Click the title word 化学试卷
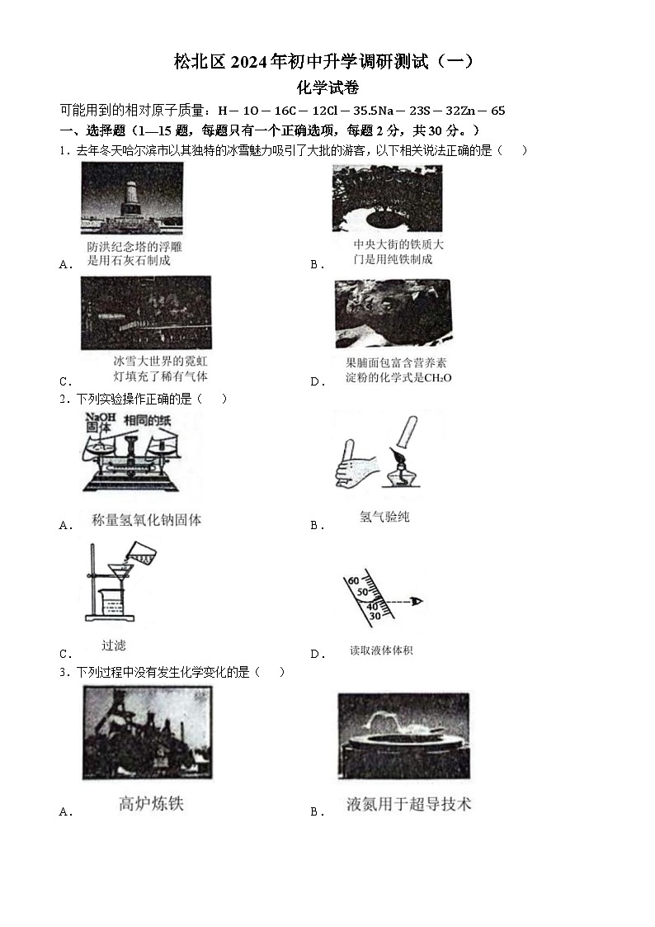(327, 87)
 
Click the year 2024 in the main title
(255, 62)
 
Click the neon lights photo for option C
(146, 313)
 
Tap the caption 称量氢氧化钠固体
(146, 520)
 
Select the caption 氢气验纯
(384, 517)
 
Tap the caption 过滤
(113, 646)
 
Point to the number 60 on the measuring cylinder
(353, 581)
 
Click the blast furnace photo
(136, 733)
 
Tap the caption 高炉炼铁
(151, 804)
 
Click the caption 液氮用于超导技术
(408, 804)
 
